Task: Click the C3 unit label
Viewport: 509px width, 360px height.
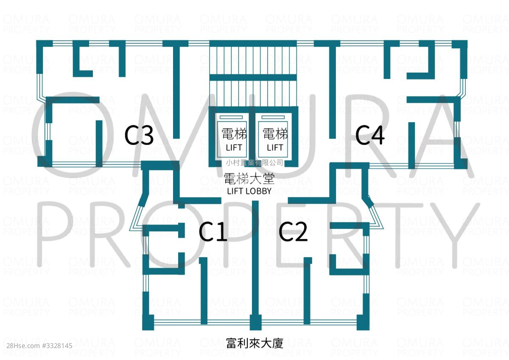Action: click(139, 136)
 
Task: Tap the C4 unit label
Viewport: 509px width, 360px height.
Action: click(370, 136)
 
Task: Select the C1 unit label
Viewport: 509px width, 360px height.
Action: click(213, 233)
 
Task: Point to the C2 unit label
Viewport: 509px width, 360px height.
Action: click(293, 233)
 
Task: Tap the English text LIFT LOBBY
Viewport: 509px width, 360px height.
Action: click(249, 191)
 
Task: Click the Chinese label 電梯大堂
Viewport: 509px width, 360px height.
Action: click(249, 179)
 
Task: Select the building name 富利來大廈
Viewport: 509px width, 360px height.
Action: click(255, 343)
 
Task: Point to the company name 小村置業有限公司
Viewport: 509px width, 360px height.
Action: click(255, 163)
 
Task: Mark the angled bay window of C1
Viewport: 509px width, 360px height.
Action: click(137, 217)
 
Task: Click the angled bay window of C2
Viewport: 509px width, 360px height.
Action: click(375, 215)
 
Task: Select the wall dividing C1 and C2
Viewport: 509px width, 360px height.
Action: click(255, 259)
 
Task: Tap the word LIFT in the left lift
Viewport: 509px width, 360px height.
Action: click(234, 148)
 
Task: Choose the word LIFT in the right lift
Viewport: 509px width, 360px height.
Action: click(275, 148)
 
